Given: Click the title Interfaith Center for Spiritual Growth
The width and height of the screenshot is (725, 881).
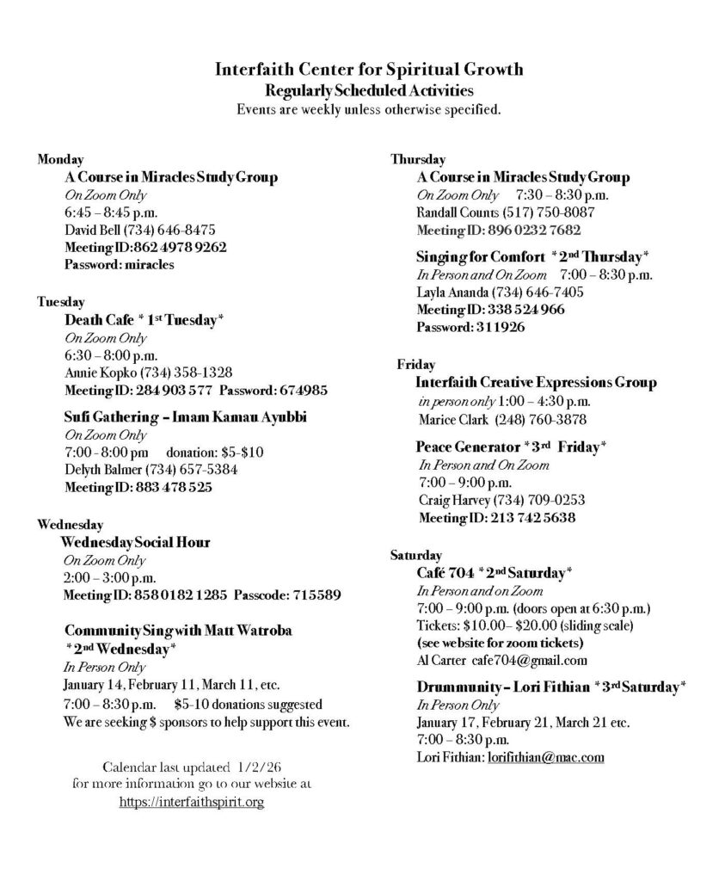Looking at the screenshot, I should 362,70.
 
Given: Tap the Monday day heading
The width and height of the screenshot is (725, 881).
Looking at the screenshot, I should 60,159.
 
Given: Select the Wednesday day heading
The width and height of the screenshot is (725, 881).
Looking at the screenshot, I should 71,524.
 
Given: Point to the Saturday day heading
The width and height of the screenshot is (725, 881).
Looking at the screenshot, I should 416,555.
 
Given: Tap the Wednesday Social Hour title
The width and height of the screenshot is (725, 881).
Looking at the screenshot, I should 135,542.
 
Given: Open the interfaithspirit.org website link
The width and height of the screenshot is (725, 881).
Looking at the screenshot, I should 191,802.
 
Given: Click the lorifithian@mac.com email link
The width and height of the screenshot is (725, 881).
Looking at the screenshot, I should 545,757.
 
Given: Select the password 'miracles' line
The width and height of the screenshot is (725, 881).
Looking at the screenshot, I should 120,264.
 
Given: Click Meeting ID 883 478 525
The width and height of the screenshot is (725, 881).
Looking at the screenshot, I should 138,487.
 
